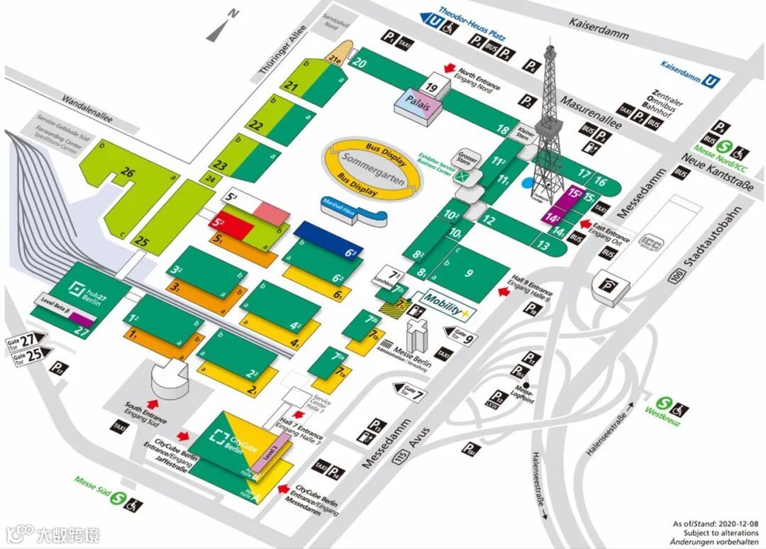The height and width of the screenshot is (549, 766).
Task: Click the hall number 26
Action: click(128, 172)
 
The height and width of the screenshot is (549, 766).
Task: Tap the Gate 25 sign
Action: click(28, 353)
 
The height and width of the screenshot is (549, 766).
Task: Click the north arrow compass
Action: click(226, 26)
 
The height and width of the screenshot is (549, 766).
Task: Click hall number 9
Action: click(469, 272)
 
